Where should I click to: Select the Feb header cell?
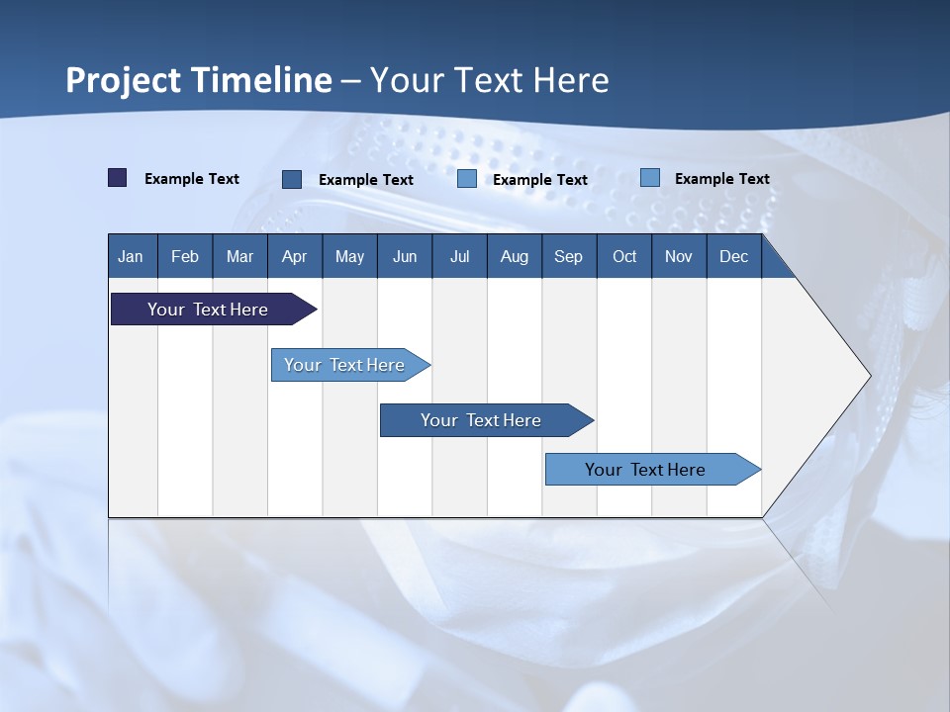click(x=185, y=256)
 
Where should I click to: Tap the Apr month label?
click(x=295, y=257)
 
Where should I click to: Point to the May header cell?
click(x=350, y=256)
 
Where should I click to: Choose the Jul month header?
click(x=460, y=256)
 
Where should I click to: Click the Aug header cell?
click(x=515, y=256)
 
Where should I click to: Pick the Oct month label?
click(x=624, y=257)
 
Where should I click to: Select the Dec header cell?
click(x=734, y=256)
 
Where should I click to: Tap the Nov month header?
click(x=679, y=256)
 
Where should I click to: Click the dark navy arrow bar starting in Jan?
click(x=214, y=309)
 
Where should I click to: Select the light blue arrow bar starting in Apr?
click(x=350, y=365)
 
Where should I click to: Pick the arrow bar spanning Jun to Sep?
click(x=487, y=420)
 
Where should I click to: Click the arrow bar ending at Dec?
click(x=653, y=469)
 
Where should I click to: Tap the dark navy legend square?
click(x=118, y=177)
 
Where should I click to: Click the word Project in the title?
click(x=123, y=80)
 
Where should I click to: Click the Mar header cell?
click(x=239, y=256)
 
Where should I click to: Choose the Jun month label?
click(x=405, y=257)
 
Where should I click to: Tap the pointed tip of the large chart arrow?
click(x=871, y=377)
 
